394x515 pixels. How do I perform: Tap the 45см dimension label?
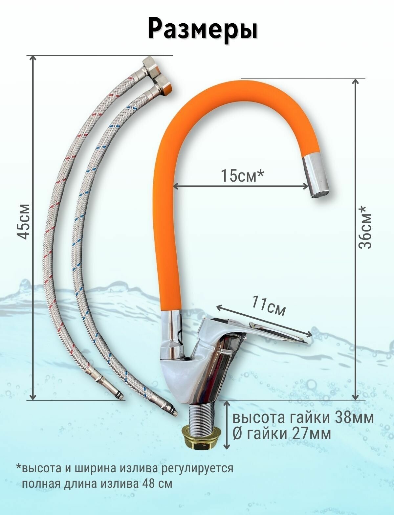(24, 221)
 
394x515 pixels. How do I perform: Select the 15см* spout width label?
(242, 176)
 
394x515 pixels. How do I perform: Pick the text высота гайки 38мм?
(303, 418)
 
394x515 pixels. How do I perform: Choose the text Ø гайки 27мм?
(282, 434)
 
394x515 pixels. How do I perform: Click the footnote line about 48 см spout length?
(97, 483)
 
